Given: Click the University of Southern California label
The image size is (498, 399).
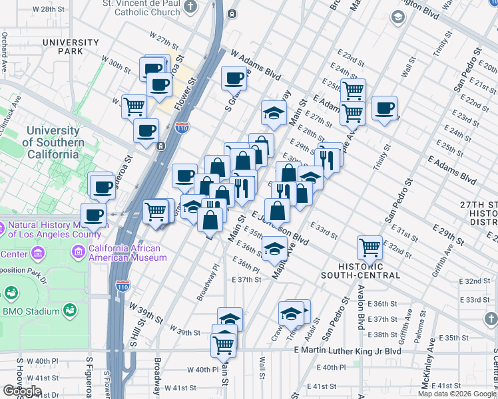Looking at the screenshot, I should [x=53, y=142].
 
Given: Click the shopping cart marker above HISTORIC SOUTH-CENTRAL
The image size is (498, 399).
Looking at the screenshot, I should [x=370, y=247].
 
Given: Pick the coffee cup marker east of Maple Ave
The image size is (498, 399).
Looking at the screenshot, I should [x=384, y=108].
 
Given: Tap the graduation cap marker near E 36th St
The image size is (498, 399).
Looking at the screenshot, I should [x=274, y=248].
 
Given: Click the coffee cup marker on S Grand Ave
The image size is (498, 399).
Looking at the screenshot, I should [x=234, y=78].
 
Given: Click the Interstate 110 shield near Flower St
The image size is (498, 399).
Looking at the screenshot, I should [x=182, y=126].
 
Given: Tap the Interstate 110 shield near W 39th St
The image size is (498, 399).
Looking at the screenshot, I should [x=122, y=286].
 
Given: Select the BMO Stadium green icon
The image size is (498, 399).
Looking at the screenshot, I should [x=69, y=311].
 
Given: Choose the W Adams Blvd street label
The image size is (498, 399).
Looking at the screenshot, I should [x=256, y=64].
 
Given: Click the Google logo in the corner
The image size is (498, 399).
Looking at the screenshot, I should [x=22, y=390].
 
